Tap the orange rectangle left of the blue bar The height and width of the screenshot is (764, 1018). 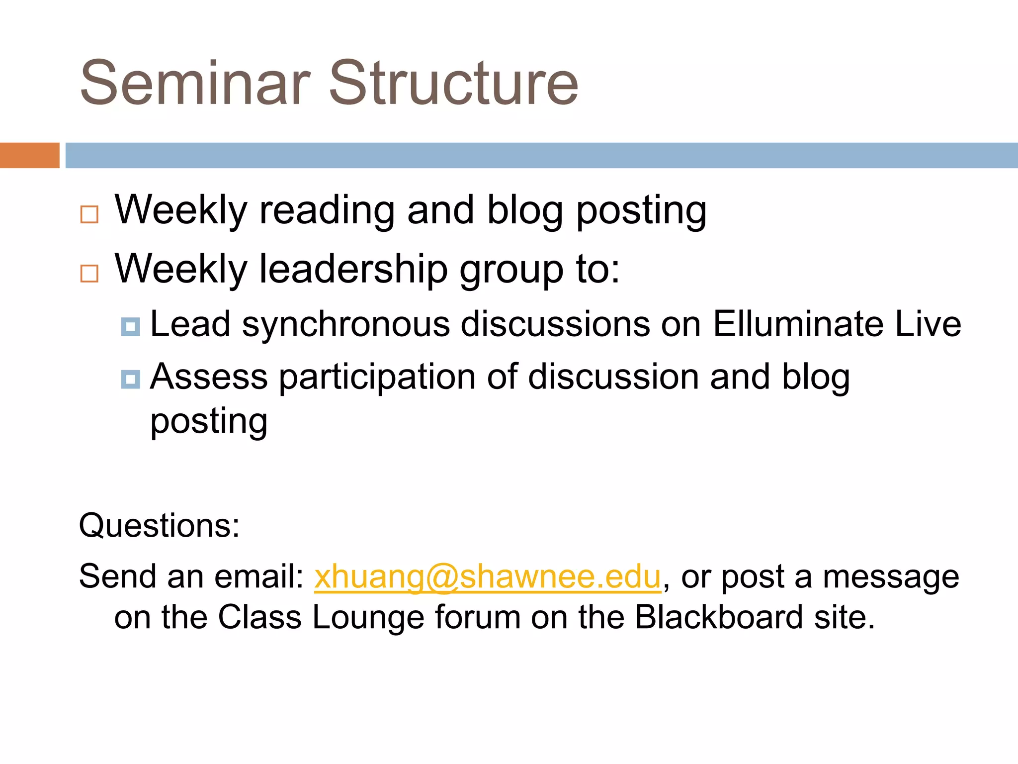[29, 155]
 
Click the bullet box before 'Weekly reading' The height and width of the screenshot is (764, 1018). [89, 214]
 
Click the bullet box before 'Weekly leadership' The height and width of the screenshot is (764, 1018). [89, 274]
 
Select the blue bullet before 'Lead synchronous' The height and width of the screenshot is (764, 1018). [131, 327]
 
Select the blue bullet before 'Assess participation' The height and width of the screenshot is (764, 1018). [131, 380]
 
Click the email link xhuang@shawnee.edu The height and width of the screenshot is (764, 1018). [488, 577]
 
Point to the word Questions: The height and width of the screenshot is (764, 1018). [159, 526]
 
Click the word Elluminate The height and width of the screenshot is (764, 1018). [798, 324]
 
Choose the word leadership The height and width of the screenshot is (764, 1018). [353, 270]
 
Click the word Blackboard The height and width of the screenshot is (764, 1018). [719, 617]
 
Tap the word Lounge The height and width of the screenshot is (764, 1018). [368, 618]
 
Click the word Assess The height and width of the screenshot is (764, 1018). [209, 377]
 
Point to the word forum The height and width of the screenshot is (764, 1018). [477, 617]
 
